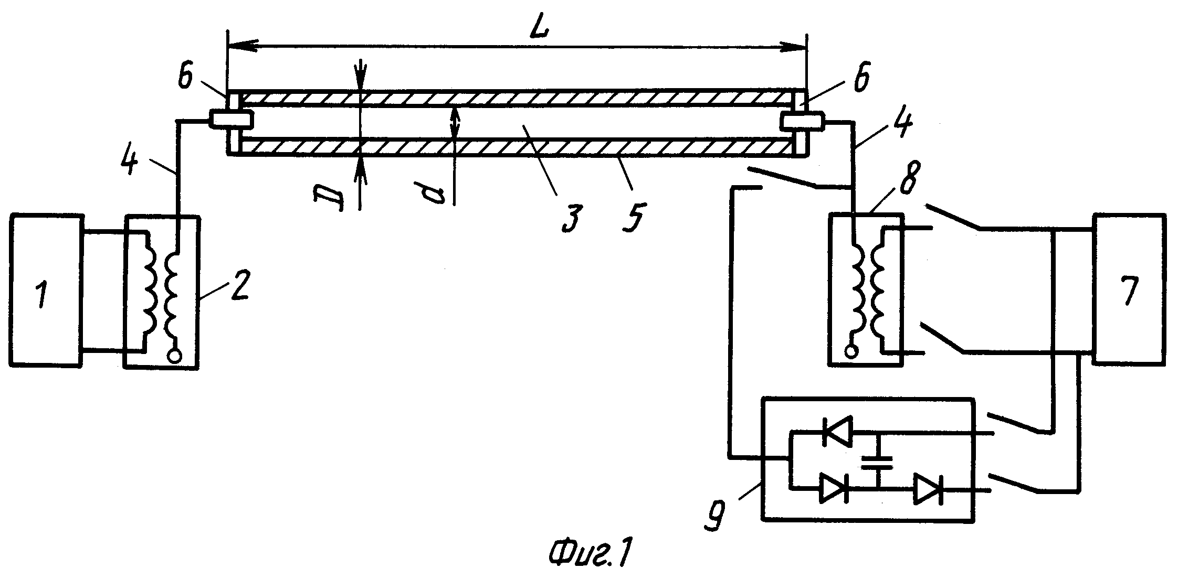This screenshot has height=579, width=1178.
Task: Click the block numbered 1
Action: point(46,290)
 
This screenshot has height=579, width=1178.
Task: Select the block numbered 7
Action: point(1129,288)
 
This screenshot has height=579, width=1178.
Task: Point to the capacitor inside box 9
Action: point(876,462)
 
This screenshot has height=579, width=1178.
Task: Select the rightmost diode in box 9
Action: point(928,489)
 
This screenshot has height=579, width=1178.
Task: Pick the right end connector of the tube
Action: point(802,122)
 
